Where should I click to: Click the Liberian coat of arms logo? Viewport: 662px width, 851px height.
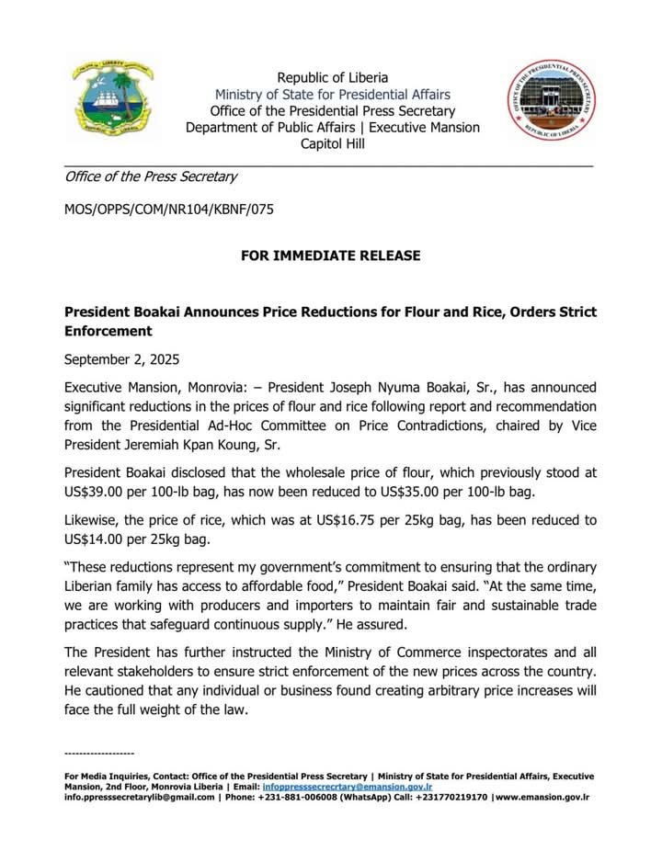coord(113,102)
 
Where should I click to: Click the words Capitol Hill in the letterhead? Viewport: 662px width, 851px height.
coord(332,143)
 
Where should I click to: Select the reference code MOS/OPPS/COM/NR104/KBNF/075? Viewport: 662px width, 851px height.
coord(168,210)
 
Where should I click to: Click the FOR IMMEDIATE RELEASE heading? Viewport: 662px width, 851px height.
coord(331,255)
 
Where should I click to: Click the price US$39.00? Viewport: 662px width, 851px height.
coord(102,493)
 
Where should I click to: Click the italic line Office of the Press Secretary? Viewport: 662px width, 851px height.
coord(151,176)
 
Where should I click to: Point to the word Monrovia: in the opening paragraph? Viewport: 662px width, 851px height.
coord(200,388)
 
